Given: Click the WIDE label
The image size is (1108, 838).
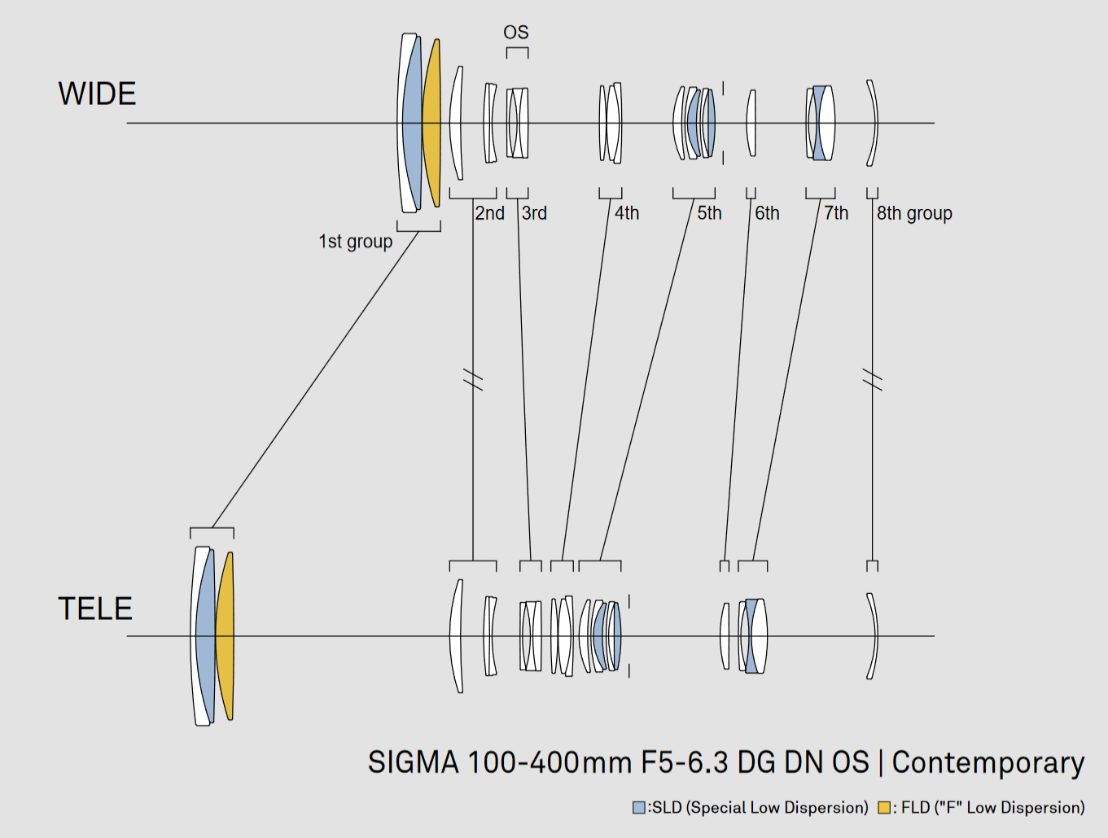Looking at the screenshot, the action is (x=97, y=94).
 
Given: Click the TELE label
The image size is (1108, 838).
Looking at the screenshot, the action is (x=95, y=609).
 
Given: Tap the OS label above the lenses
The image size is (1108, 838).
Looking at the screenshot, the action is (x=516, y=33).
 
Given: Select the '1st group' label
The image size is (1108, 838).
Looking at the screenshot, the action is (x=355, y=242).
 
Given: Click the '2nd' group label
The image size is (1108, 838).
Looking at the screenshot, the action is (x=489, y=213).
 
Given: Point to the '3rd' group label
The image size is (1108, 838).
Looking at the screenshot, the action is (x=534, y=213).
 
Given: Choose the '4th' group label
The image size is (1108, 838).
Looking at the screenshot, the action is (x=626, y=213).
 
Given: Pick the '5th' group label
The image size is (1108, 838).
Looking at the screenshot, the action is (x=709, y=213).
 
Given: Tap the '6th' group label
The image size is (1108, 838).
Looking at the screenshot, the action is (x=767, y=213).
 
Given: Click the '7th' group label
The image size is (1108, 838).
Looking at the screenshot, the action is (x=836, y=213).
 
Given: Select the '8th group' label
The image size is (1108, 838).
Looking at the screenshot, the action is (x=914, y=214).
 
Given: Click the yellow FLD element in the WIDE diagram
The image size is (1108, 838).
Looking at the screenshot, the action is (x=432, y=123).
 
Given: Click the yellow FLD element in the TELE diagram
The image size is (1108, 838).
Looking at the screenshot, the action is (x=226, y=635).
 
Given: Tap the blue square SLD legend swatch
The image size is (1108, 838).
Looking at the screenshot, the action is (x=638, y=808).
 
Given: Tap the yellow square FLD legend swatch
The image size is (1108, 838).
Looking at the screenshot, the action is (x=884, y=808).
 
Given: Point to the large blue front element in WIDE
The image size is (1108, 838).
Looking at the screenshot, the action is (x=413, y=123).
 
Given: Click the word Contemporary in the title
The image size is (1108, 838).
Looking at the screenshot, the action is (x=988, y=762).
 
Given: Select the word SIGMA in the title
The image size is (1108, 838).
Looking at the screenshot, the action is (x=414, y=762).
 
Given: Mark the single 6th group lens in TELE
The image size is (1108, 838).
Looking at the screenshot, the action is (x=725, y=635).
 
